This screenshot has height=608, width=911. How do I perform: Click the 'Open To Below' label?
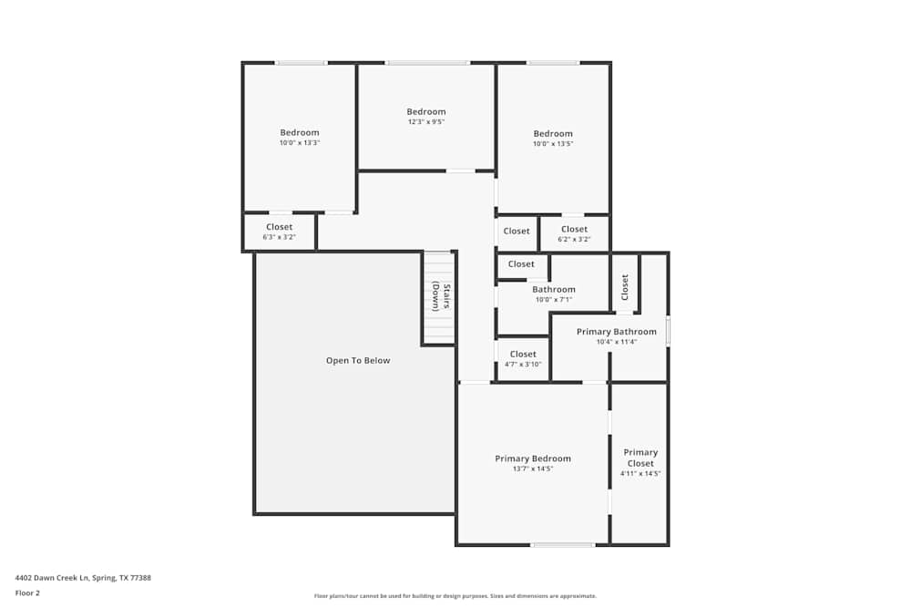pos(357,361)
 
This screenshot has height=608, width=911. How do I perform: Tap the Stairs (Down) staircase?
pos(438,298)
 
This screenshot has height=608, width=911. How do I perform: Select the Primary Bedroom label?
pos(533,459)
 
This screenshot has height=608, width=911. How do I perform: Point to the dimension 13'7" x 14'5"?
pos(533,469)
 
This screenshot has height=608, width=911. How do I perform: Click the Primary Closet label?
pos(640,458)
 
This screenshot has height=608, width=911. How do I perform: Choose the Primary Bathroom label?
pos(616,332)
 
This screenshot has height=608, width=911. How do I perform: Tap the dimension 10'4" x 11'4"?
pos(616,342)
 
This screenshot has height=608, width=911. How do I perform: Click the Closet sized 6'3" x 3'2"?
pos(280,232)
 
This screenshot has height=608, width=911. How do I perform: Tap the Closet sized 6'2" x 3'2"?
pos(574,233)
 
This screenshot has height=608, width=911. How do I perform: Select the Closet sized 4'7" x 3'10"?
pos(523,358)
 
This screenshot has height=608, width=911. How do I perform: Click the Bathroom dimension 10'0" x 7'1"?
pos(553,299)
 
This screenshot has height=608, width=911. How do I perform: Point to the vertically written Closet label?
pos(625,287)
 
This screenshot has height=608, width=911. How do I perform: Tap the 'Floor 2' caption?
pos(27,593)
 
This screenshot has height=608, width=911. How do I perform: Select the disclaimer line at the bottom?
pos(455,596)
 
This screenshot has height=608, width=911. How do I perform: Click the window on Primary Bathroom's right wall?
pos(668,331)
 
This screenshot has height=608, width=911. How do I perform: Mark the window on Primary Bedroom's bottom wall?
pos(563,545)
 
